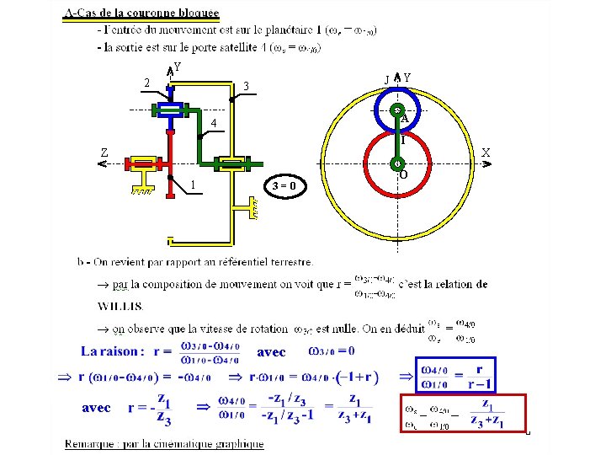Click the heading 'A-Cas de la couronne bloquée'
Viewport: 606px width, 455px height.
tap(141, 13)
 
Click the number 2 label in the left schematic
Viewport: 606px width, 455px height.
tap(146, 83)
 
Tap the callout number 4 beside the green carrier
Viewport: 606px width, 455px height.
tap(214, 124)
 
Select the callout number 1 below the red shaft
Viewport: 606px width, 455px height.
tap(194, 185)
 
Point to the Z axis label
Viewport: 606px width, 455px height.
tap(104, 153)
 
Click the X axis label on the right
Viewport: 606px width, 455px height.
tap(486, 153)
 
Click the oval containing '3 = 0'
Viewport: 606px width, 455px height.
tap(285, 185)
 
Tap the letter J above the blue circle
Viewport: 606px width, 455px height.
tap(386, 80)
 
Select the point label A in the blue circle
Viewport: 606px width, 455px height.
tap(404, 119)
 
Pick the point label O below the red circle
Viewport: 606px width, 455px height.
tap(404, 174)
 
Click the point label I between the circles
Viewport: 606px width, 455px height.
tap(402, 141)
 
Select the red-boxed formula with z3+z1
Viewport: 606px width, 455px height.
tap(462, 414)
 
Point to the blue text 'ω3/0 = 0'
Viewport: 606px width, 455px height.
tap(332, 351)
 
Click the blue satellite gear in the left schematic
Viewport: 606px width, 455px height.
tap(169, 109)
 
